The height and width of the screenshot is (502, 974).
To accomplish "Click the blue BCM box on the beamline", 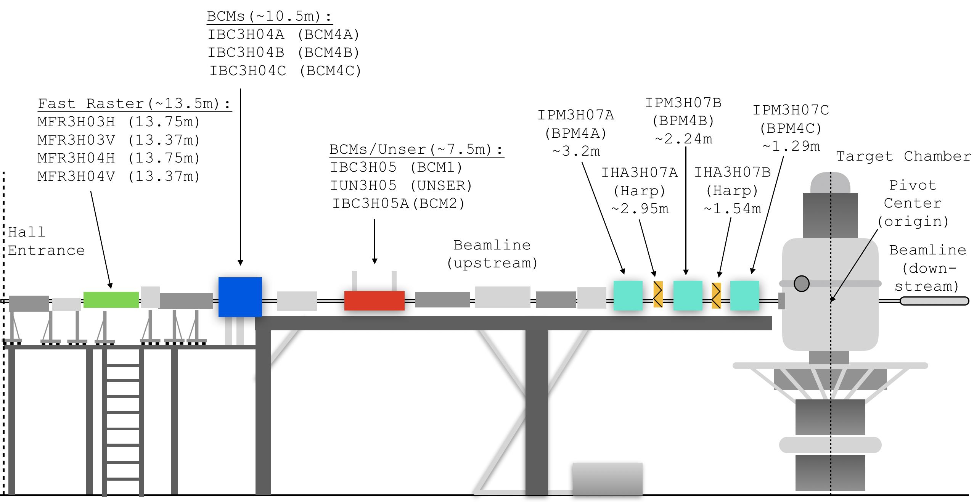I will [x=240, y=297].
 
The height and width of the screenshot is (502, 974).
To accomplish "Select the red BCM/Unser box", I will [x=374, y=301].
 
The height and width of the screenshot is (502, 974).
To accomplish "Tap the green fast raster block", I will [x=111, y=299].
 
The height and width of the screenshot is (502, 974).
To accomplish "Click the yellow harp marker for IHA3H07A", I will [x=658, y=294].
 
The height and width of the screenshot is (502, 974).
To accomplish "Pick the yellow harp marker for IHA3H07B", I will [x=716, y=295].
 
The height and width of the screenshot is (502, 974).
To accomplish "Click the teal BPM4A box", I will [x=628, y=295].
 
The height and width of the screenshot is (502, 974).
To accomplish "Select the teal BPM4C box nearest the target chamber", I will [x=744, y=295].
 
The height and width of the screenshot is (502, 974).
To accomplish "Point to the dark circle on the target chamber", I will [x=801, y=284].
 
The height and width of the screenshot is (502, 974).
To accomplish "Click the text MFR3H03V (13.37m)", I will [x=118, y=140].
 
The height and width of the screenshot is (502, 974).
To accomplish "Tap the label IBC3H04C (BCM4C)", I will [x=285, y=71].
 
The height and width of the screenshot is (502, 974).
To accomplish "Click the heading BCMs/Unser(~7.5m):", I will [x=416, y=149].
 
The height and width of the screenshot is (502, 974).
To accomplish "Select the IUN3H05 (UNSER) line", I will [x=401, y=185].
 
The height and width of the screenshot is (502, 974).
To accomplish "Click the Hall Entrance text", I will [x=46, y=241].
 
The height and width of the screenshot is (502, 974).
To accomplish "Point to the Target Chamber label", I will [x=903, y=156].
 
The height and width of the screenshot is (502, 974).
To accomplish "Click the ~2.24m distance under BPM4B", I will [x=683, y=139].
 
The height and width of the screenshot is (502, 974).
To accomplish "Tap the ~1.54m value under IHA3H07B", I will [x=732, y=209].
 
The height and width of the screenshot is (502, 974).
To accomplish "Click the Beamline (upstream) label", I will [x=492, y=254].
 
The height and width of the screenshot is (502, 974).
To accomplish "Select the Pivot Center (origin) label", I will [x=912, y=203].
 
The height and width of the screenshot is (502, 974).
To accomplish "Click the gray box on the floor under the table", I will [x=607, y=478].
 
